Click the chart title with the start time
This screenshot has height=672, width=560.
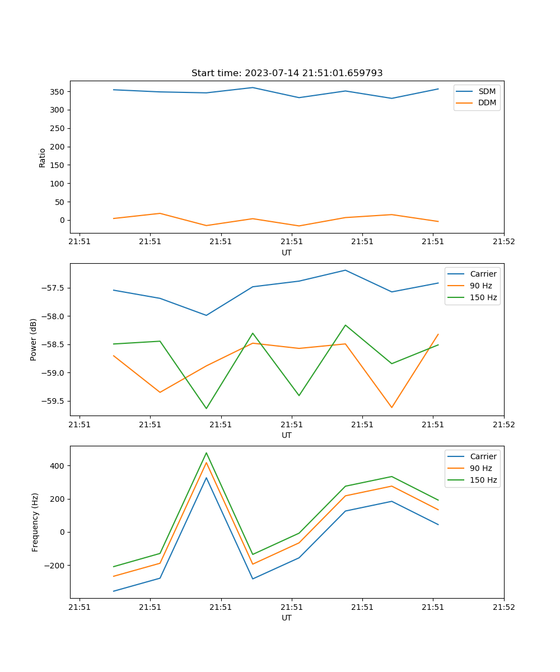(x=287, y=73)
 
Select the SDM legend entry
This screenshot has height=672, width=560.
(x=487, y=91)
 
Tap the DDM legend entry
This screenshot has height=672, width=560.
(x=487, y=102)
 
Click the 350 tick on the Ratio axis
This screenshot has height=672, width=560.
(x=57, y=92)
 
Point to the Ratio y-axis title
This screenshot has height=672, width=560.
(x=43, y=157)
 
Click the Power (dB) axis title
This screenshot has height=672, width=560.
(x=34, y=339)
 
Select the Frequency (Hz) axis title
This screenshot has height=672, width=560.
(x=35, y=522)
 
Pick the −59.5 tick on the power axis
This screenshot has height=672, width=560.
(x=53, y=402)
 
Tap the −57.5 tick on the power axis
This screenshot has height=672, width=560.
(x=53, y=288)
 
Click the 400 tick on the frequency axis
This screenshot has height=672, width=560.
(x=57, y=466)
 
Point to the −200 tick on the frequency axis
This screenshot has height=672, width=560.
(x=55, y=566)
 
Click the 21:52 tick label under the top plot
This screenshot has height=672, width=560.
(x=503, y=242)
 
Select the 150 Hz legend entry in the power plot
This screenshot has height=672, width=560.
(x=483, y=297)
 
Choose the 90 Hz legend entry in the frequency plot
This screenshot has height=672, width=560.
(x=480, y=468)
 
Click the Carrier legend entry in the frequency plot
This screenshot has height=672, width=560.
(x=483, y=456)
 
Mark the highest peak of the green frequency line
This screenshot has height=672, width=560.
(x=206, y=453)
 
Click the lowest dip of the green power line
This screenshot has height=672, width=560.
(x=206, y=408)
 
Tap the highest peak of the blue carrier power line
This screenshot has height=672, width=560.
(x=346, y=270)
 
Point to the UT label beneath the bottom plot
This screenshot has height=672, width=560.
(x=287, y=618)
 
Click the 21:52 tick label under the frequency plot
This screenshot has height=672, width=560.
(x=503, y=608)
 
